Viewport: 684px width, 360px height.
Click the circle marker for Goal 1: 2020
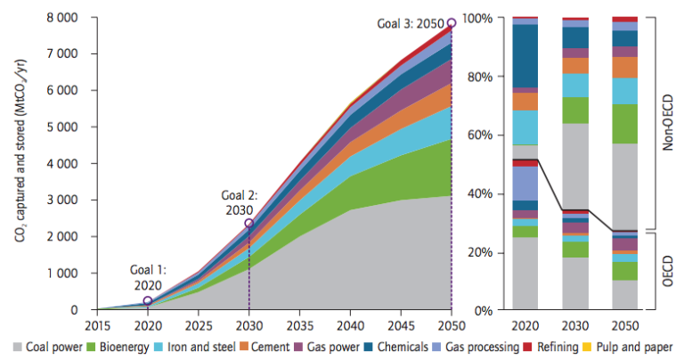tap(148, 301)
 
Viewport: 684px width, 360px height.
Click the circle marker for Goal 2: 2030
tap(249, 224)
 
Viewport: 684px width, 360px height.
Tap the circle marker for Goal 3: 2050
tap(452, 22)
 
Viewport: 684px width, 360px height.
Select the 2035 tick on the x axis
tap(299, 324)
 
